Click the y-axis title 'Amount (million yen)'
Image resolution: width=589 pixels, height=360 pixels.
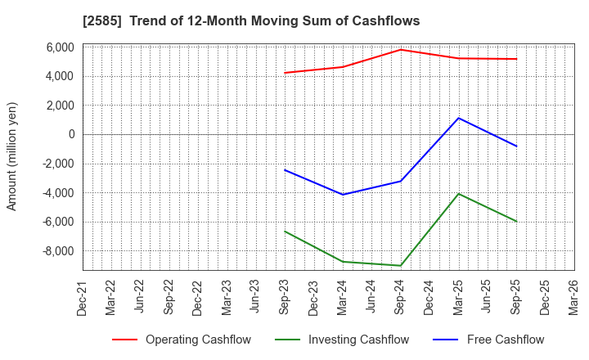pyautogui.click(x=11, y=156)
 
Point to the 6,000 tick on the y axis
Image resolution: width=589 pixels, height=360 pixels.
pyautogui.click(x=60, y=47)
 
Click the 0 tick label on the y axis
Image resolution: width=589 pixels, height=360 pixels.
pyautogui.click(x=71, y=134)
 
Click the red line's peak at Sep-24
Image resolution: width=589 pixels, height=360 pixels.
pyautogui.click(x=401, y=50)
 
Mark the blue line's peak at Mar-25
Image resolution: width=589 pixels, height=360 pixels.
pyautogui.click(x=459, y=118)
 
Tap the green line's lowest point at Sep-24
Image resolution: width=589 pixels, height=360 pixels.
pyautogui.click(x=401, y=266)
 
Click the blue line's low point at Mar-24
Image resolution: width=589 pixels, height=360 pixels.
pyautogui.click(x=343, y=195)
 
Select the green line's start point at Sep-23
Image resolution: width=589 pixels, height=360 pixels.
pyautogui.click(x=285, y=231)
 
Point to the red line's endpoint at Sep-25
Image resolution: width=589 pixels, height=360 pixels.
pyautogui.click(x=516, y=59)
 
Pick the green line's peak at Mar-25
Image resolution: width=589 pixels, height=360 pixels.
pyautogui.click(x=459, y=194)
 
